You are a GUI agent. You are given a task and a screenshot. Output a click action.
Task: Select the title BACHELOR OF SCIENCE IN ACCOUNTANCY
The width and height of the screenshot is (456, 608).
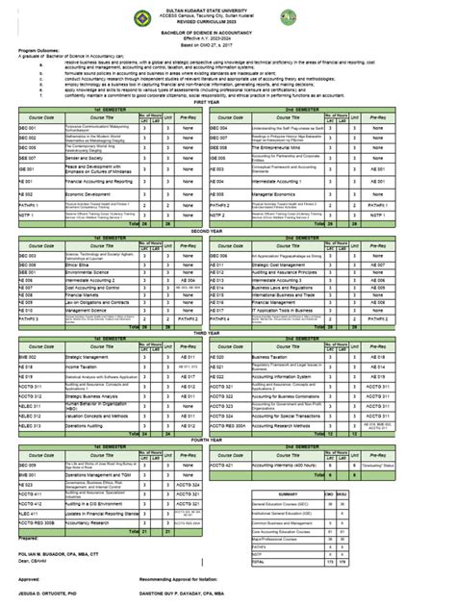tap(228, 32)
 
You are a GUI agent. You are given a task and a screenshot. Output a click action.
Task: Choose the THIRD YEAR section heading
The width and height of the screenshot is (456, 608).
tap(228, 331)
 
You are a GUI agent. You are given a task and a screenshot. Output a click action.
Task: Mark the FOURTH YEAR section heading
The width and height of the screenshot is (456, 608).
tap(228, 439)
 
